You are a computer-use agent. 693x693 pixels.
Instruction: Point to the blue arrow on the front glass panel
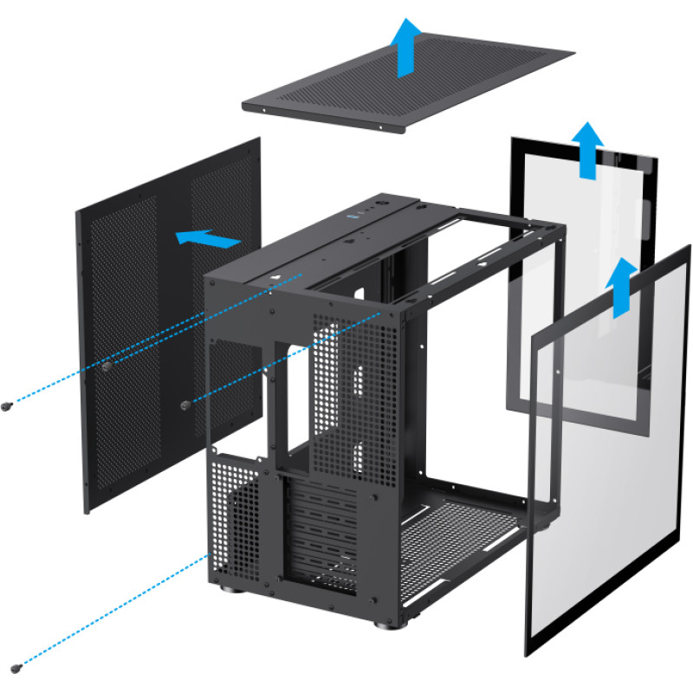point(620,286)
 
